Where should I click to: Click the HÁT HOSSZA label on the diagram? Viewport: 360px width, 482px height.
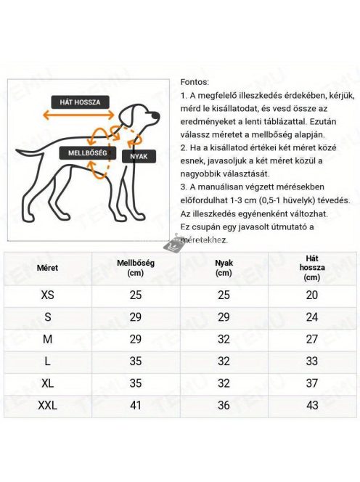pos(80,102)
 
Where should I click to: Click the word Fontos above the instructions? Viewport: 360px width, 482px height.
pos(194,83)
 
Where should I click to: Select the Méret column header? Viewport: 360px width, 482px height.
pos(47,268)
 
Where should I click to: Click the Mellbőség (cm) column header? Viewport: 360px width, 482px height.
pos(135,268)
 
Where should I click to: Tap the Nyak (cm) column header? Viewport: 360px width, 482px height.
pos(224,268)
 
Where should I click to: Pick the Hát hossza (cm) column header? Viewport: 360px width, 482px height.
pos(312,268)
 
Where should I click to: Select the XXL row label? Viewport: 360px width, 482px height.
pos(47,404)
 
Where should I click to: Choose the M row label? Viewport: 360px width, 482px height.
pos(47,339)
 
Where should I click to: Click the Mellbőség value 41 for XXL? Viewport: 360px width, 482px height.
pos(135,404)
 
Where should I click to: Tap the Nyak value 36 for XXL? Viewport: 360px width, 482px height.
pos(224,404)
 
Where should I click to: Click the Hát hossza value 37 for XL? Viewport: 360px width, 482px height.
pos(312,383)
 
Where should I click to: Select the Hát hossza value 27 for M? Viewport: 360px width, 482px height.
pos(312,339)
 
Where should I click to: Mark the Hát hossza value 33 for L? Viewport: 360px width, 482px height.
pos(312,361)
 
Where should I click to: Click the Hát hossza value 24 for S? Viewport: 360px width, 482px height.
pos(312,317)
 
